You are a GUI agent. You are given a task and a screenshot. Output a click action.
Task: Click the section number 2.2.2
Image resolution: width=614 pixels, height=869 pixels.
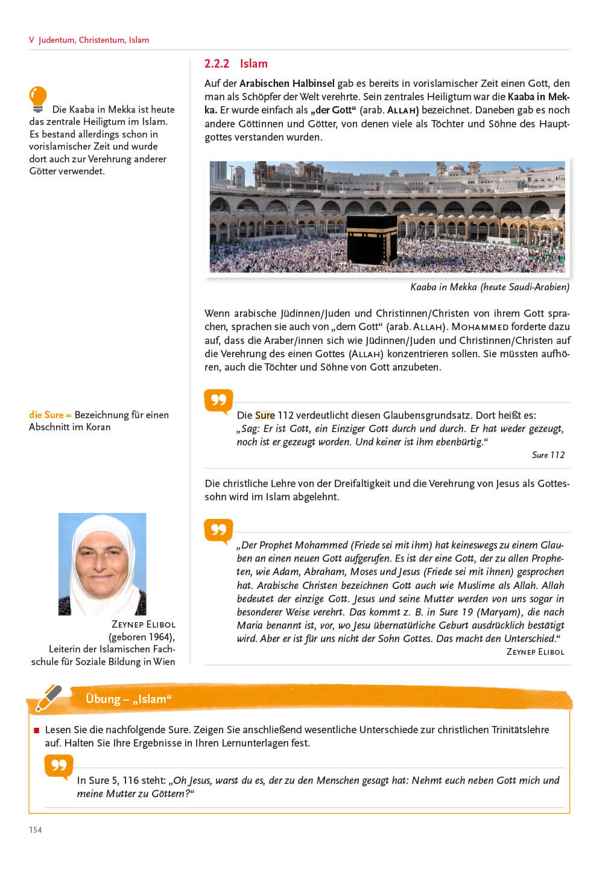[217, 63]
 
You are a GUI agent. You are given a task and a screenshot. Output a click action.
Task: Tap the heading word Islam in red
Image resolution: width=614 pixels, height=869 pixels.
[253, 63]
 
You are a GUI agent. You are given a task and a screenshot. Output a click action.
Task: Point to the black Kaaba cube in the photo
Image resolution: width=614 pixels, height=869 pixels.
[372, 240]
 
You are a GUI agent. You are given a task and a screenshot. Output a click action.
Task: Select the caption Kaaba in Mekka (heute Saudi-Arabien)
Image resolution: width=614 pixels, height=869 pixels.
[489, 287]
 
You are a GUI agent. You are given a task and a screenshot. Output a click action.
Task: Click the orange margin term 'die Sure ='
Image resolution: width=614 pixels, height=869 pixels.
[50, 415]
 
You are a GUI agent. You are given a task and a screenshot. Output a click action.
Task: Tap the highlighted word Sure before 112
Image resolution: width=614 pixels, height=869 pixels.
[265, 415]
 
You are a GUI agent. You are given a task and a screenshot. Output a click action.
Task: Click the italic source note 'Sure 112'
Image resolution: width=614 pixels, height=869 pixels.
[548, 455]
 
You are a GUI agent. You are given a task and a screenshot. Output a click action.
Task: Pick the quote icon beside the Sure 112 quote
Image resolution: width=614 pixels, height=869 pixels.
[218, 401]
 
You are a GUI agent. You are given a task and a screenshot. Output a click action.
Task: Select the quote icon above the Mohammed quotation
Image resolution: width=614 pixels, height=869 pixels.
[218, 530]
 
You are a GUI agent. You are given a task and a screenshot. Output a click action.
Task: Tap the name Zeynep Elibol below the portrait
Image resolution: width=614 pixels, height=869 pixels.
[143, 625]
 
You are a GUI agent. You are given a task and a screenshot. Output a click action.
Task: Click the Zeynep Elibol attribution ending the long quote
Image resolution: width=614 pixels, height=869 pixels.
[535, 652]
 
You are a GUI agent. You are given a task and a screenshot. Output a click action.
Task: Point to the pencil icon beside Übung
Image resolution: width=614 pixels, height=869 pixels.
[49, 698]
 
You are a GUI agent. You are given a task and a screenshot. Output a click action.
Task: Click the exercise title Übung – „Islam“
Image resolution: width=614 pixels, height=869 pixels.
[128, 699]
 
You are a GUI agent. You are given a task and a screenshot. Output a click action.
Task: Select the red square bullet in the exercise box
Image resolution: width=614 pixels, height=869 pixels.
[37, 730]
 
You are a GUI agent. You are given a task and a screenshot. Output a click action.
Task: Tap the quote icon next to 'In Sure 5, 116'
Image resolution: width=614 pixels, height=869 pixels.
[59, 766]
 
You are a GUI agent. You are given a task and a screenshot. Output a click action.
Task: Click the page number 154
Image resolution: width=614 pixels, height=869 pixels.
[36, 830]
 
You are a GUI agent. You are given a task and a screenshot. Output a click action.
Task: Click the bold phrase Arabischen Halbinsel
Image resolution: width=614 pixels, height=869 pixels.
[286, 83]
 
